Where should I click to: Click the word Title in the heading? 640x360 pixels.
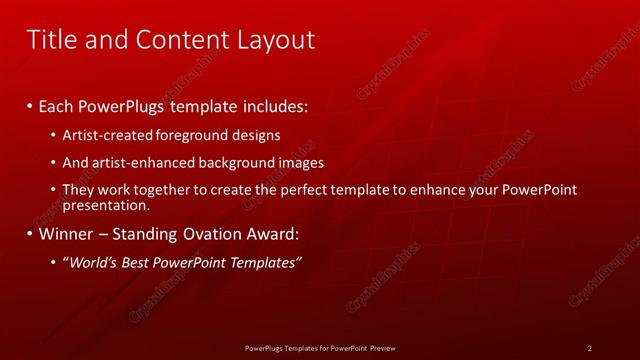pyautogui.click(x=50, y=40)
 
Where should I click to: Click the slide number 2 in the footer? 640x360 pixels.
pyautogui.click(x=590, y=347)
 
